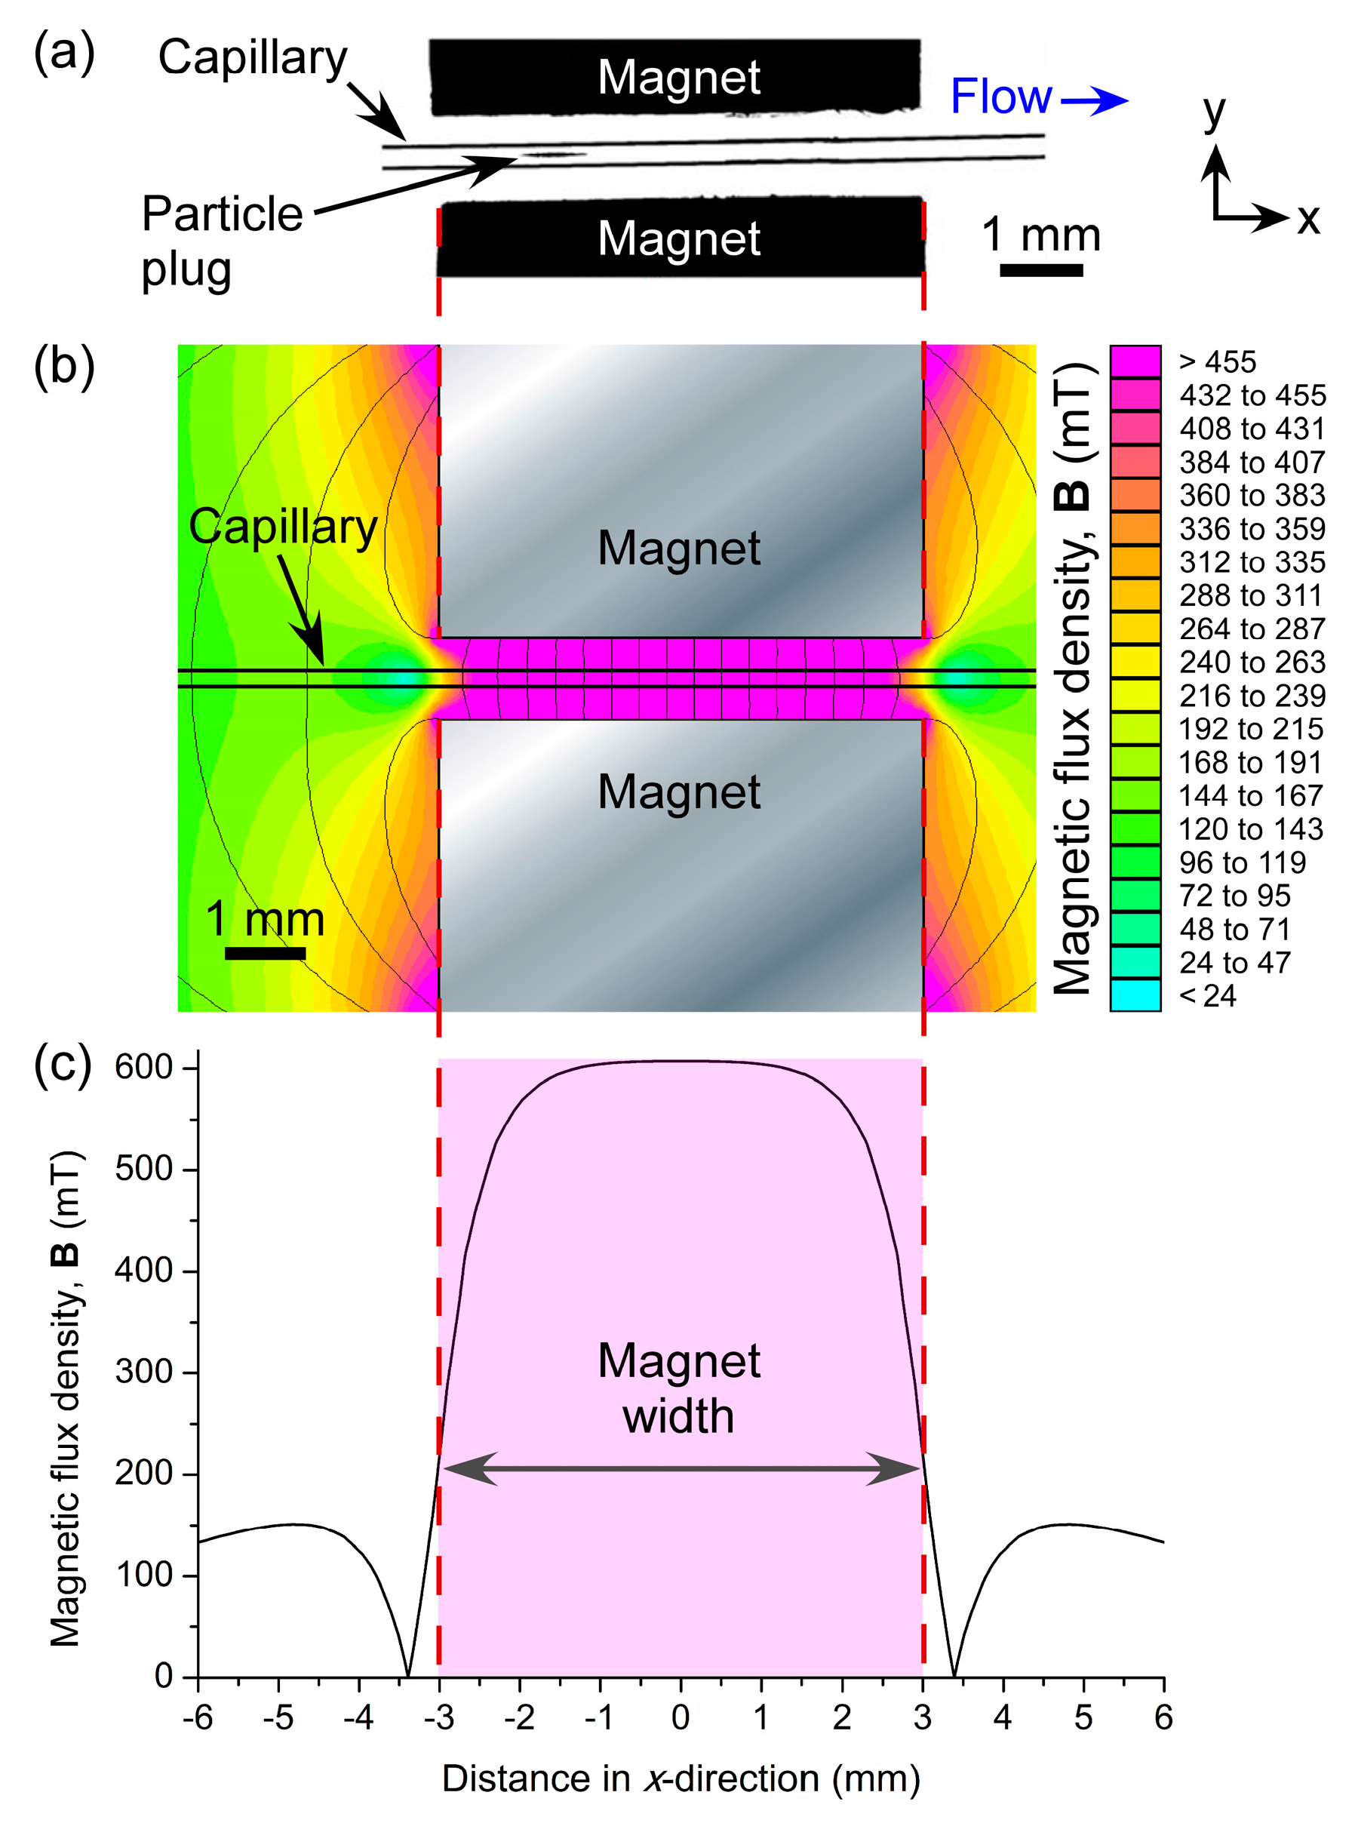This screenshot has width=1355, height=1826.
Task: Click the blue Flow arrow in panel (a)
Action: coord(1095,100)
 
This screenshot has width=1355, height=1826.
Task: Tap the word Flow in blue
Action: coord(1000,97)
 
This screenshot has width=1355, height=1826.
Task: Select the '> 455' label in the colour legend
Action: coord(1217,361)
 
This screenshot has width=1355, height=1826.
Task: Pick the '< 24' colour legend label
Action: coord(1207,996)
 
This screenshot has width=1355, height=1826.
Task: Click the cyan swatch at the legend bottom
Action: coord(1135,995)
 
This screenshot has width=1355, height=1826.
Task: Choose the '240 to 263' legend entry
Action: coord(1252,662)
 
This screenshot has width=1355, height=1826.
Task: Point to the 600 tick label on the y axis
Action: coord(144,1066)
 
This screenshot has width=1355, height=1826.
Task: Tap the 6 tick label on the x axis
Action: coord(1163,1717)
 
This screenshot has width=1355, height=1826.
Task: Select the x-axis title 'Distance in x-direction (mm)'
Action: coord(680,1778)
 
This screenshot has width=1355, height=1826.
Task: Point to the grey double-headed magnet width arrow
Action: coord(681,1468)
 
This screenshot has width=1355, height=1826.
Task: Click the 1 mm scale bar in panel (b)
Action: coord(265,953)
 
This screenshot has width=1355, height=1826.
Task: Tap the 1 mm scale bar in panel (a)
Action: coord(1041,270)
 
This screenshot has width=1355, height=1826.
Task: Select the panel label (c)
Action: coord(64,1064)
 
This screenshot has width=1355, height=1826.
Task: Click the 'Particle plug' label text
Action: coord(222,241)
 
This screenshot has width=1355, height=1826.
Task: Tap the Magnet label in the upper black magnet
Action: coord(679,77)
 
